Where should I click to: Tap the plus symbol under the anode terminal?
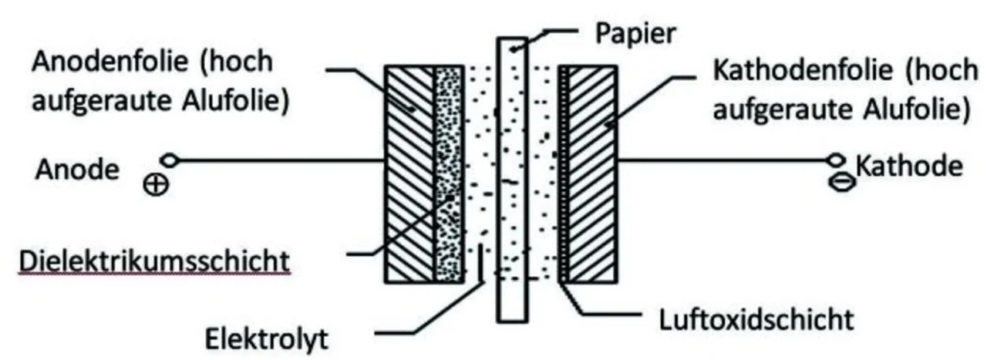coord(158,185)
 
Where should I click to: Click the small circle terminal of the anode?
coord(170,161)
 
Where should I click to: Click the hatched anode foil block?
coord(409,173)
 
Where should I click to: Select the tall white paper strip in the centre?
coord(513,177)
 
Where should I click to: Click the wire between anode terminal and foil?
coord(278,161)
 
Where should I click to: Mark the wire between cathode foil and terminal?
coord(725,161)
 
